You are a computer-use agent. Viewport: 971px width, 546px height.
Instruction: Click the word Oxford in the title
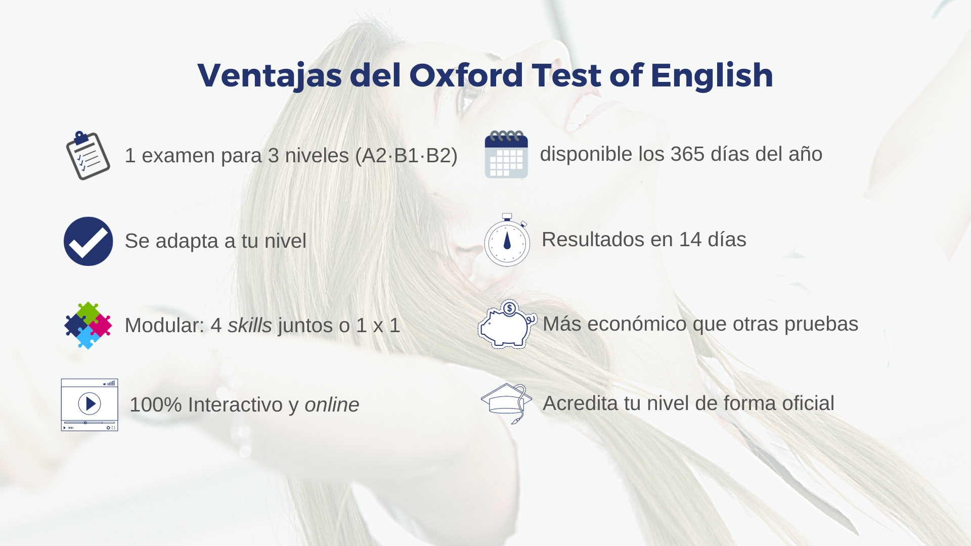pos(466,75)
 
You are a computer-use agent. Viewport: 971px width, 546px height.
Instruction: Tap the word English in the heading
pos(712,75)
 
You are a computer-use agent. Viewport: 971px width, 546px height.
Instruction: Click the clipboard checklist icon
pos(87,155)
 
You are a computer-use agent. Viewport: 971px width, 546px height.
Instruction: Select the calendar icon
pos(506,154)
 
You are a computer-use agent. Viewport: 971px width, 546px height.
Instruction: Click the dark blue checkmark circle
pos(89,241)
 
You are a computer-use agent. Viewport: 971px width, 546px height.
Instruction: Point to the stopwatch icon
pos(507,240)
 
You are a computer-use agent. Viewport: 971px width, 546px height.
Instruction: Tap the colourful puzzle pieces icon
pos(88,325)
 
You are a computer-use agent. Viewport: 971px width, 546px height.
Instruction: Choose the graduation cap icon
pos(506,403)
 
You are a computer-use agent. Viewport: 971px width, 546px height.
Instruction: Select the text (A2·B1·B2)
pos(406,156)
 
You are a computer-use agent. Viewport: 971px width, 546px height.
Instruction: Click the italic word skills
pos(250,325)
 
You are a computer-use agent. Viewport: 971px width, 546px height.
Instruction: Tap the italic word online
pos(332,405)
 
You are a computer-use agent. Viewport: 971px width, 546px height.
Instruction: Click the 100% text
pos(156,405)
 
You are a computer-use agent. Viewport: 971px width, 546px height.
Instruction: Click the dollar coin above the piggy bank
pos(510,308)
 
